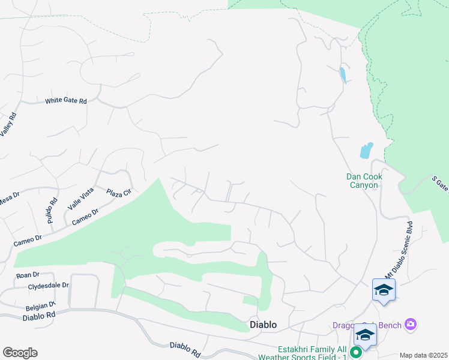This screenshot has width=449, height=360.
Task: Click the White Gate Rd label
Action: point(66,101)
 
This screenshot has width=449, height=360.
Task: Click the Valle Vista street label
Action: point(80,198)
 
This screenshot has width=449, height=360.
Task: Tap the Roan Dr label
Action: point(28,275)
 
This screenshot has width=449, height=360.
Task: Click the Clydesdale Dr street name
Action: point(49,286)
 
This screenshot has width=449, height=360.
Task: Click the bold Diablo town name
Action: point(263,325)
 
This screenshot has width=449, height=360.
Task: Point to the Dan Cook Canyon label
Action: point(364,181)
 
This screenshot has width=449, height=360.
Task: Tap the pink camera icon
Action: point(411,325)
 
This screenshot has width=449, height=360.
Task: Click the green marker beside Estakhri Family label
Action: point(355,353)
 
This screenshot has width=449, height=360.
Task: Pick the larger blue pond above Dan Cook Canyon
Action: point(366,150)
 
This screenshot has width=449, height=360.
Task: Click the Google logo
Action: point(20,353)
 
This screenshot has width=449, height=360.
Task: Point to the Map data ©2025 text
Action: point(423,355)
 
